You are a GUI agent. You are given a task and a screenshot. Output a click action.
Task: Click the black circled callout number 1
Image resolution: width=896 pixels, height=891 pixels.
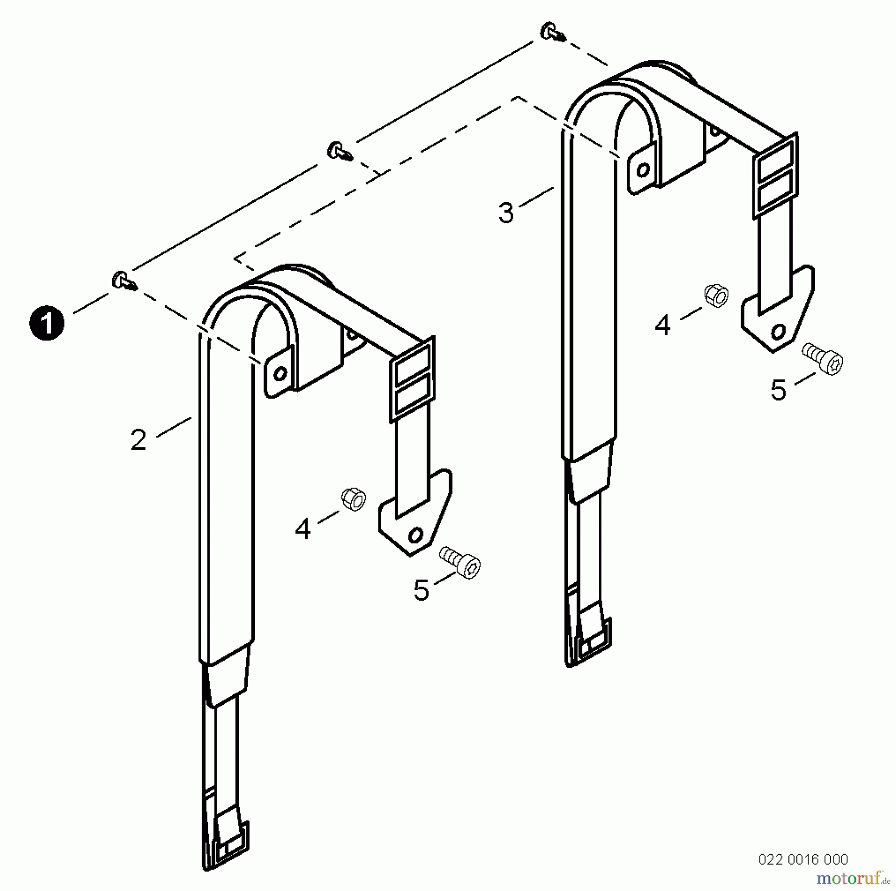tap(47, 323)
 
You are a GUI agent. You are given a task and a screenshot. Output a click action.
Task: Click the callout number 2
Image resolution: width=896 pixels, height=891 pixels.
tap(138, 440)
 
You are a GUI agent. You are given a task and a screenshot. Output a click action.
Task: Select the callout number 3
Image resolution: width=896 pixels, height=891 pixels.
tap(506, 213)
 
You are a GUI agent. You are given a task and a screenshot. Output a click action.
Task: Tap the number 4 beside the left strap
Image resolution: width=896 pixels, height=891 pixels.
tap(303, 529)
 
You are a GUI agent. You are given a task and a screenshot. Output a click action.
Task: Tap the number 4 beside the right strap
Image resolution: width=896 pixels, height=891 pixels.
tap(662, 326)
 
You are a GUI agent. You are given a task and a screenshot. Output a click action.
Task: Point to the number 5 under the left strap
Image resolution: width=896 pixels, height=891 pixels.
tap(421, 591)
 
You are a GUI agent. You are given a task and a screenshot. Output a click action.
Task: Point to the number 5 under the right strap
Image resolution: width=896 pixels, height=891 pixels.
tap(778, 390)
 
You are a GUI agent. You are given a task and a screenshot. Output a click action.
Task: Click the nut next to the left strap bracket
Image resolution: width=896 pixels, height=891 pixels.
tap(354, 500)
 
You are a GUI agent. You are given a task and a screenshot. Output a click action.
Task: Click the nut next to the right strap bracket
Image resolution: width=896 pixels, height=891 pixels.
tap(716, 296)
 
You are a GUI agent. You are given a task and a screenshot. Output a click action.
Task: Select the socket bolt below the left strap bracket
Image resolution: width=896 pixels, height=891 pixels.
tap(460, 563)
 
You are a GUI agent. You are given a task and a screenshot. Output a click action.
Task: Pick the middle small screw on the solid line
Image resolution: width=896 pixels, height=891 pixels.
tap(339, 150)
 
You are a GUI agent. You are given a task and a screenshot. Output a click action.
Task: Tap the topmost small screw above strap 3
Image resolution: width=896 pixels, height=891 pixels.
tap(552, 31)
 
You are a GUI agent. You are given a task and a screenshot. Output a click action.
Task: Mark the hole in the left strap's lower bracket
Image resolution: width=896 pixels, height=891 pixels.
tap(415, 535)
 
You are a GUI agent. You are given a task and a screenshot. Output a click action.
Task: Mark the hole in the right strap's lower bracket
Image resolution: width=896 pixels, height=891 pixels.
tap(778, 332)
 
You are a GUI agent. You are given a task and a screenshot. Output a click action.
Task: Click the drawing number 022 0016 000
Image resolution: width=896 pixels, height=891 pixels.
tap(803, 859)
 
